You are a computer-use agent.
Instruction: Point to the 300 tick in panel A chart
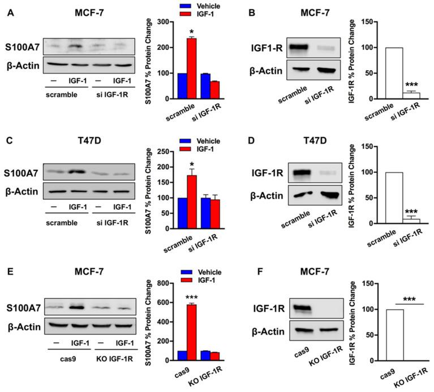165,22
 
